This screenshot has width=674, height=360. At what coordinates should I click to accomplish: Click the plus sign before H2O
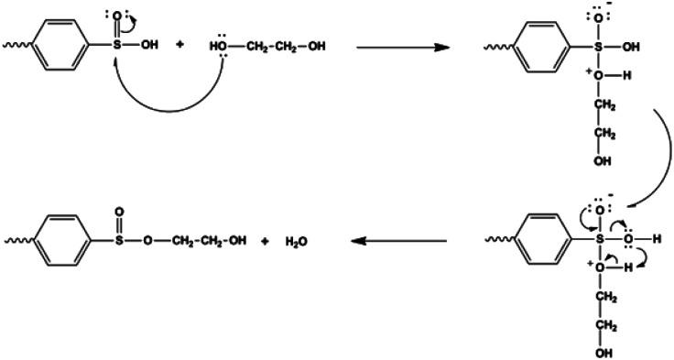(x=263, y=242)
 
